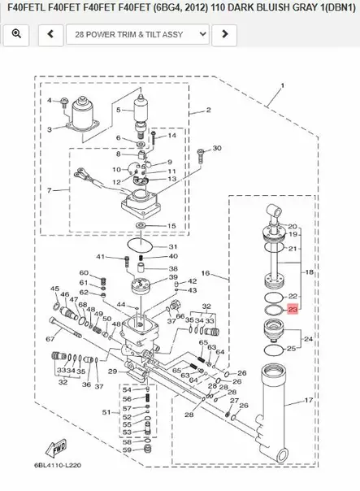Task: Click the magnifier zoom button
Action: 16,35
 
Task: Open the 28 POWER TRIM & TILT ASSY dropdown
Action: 135,35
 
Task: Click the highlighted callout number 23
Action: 293,310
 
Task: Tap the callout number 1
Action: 281,85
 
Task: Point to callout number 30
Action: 216,149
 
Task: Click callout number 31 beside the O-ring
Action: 173,246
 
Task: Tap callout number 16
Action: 205,274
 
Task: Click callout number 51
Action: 106,413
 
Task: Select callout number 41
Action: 101,257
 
